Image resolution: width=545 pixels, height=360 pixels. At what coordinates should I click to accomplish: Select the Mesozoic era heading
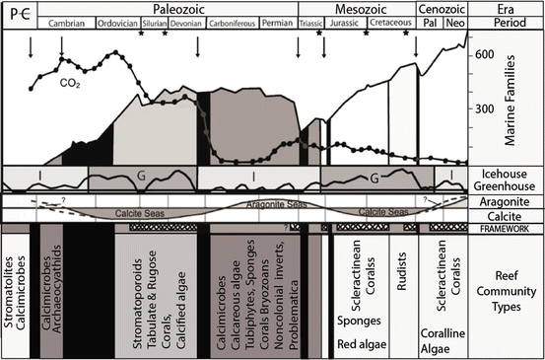[x=364, y=8]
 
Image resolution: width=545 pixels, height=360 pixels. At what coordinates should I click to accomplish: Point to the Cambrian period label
[x=66, y=23]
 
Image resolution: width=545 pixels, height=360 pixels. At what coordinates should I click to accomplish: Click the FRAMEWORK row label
[x=507, y=228]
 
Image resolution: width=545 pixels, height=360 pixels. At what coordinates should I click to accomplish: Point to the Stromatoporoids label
[x=124, y=291]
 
